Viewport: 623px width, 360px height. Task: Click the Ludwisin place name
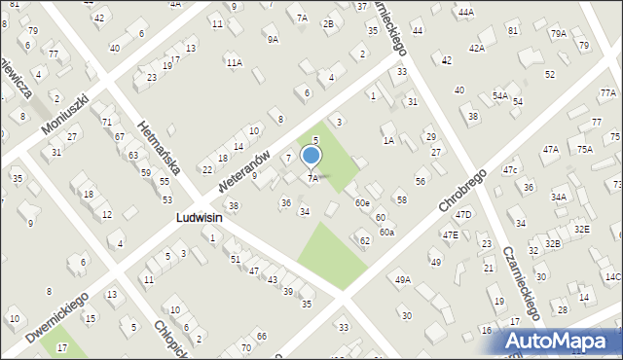[x=199, y=219]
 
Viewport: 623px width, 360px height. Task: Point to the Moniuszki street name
[x=65, y=116]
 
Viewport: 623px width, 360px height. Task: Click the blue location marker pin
[x=311, y=156]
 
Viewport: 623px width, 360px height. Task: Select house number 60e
[x=362, y=202]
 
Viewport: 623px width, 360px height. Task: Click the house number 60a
[x=387, y=233]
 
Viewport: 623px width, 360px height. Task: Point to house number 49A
[x=402, y=280]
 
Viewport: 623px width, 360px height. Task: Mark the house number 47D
[x=463, y=214]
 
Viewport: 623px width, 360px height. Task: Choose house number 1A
[x=388, y=141]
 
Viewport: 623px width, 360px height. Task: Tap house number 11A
[x=234, y=62]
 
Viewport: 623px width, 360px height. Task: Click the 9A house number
[x=273, y=39]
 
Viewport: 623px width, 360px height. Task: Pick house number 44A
[x=466, y=12]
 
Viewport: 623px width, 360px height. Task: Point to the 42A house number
[x=476, y=48]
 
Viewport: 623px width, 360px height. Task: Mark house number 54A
[x=499, y=95]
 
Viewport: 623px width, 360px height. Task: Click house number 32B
[x=553, y=243]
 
